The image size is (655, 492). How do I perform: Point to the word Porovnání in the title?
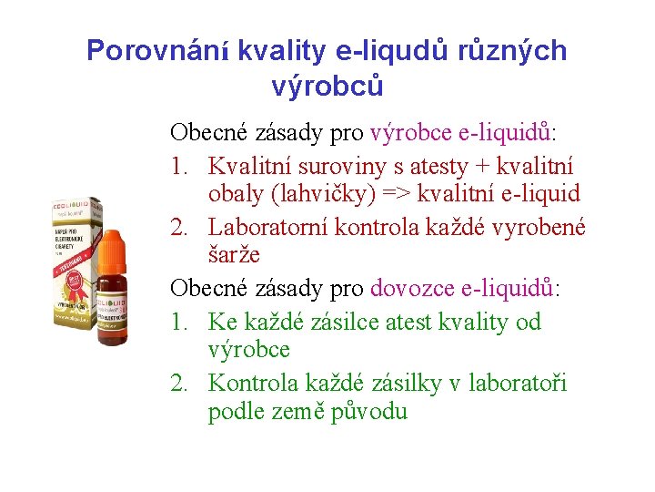158,51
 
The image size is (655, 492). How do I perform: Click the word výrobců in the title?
327,87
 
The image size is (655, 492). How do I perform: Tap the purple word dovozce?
410,289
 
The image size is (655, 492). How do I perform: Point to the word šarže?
233,256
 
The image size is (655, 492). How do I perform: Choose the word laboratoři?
518,384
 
